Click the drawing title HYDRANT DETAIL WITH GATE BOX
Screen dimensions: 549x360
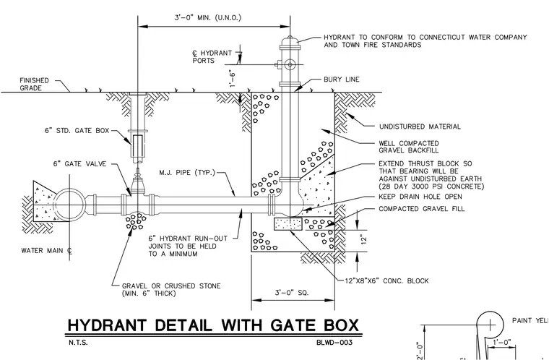(213, 325)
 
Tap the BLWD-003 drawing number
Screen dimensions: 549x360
(334, 343)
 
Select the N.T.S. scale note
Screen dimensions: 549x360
(78, 343)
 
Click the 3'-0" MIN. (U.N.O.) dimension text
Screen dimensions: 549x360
(208, 17)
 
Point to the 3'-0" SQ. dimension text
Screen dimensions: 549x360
(292, 292)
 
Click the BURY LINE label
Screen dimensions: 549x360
(342, 80)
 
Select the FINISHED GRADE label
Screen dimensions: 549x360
(35, 84)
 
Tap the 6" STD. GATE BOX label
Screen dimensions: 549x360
(77, 130)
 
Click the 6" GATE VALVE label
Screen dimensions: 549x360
(80, 163)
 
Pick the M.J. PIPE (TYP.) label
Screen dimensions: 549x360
(187, 173)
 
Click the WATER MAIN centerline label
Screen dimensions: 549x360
(47, 251)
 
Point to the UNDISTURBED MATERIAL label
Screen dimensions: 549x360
(420, 127)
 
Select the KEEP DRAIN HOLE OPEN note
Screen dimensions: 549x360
(420, 197)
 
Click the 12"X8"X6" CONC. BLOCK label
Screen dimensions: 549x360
(386, 280)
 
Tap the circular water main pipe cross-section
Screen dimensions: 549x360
(69, 205)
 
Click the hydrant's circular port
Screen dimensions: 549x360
(290, 64)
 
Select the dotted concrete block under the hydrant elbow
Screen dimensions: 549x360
(288, 223)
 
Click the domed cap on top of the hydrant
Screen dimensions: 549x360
(290, 40)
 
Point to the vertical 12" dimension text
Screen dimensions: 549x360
(364, 239)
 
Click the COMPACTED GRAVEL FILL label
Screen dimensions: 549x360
(422, 209)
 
